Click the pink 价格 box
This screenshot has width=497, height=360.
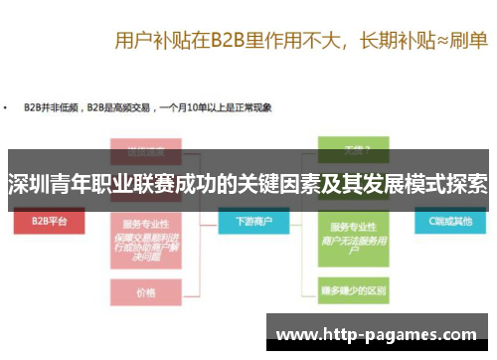[146, 292]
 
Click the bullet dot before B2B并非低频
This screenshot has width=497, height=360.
[9, 106]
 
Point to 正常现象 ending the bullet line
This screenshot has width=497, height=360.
[252, 106]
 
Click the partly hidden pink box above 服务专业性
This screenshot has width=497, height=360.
[145, 153]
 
